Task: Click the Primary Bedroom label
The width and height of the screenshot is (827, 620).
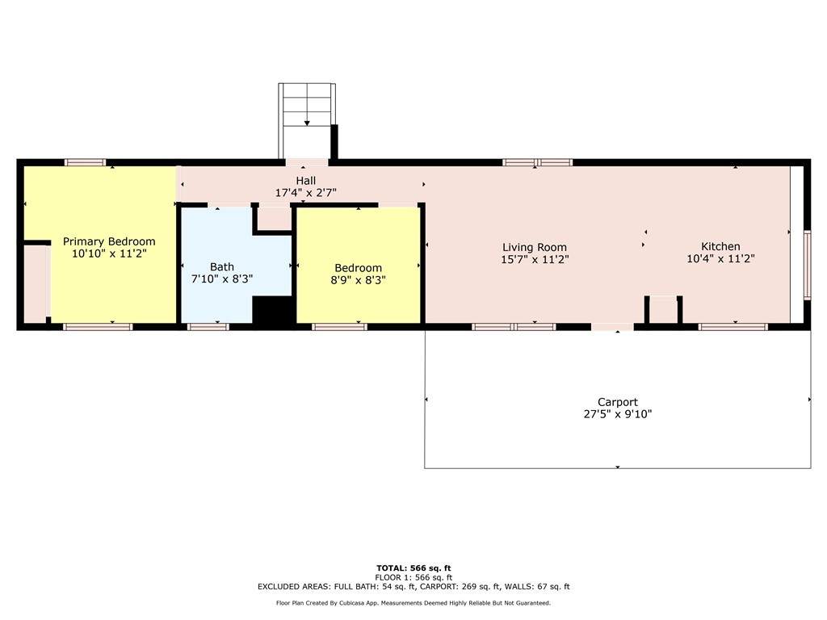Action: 109,241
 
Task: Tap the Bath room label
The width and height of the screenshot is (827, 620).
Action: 222,266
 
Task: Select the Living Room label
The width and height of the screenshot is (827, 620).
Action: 535,247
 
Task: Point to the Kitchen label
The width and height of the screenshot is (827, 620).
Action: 720,246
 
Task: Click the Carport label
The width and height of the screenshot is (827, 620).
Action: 618,402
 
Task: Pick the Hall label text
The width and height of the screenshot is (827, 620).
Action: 306,181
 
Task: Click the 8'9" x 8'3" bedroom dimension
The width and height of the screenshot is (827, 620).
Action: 358,280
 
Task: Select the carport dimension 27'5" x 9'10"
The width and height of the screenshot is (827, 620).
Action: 618,414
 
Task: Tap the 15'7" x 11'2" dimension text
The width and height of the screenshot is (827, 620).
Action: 535,259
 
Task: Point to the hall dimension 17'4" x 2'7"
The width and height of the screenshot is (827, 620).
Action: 306,193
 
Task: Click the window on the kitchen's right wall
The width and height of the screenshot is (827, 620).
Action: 807,265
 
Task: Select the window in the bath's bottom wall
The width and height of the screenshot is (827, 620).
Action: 208,327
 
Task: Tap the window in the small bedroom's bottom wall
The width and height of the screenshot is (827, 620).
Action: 339,327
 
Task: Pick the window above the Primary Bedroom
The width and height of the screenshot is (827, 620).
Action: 86,162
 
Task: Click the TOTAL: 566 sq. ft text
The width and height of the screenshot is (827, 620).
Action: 413,568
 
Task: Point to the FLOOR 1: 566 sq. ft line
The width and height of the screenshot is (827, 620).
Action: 413,577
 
